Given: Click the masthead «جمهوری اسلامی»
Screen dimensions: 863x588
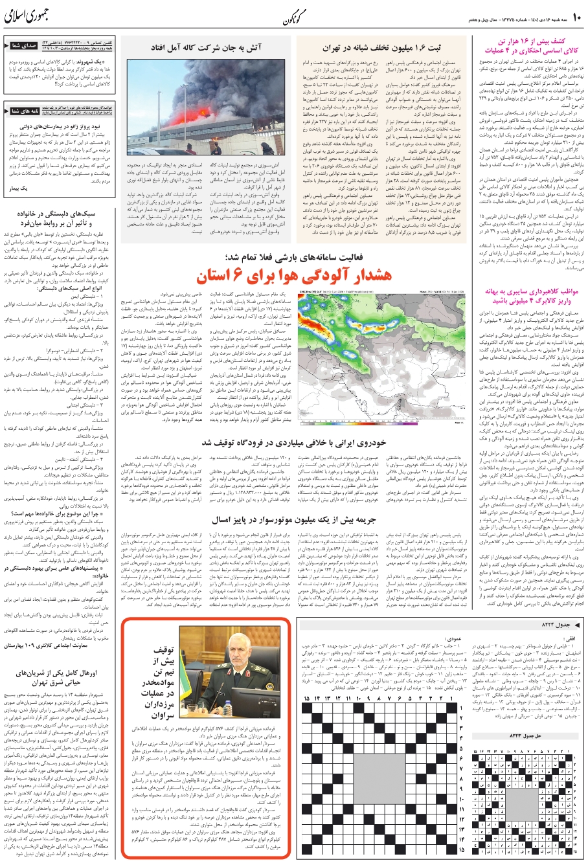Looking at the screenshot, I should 29,16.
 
